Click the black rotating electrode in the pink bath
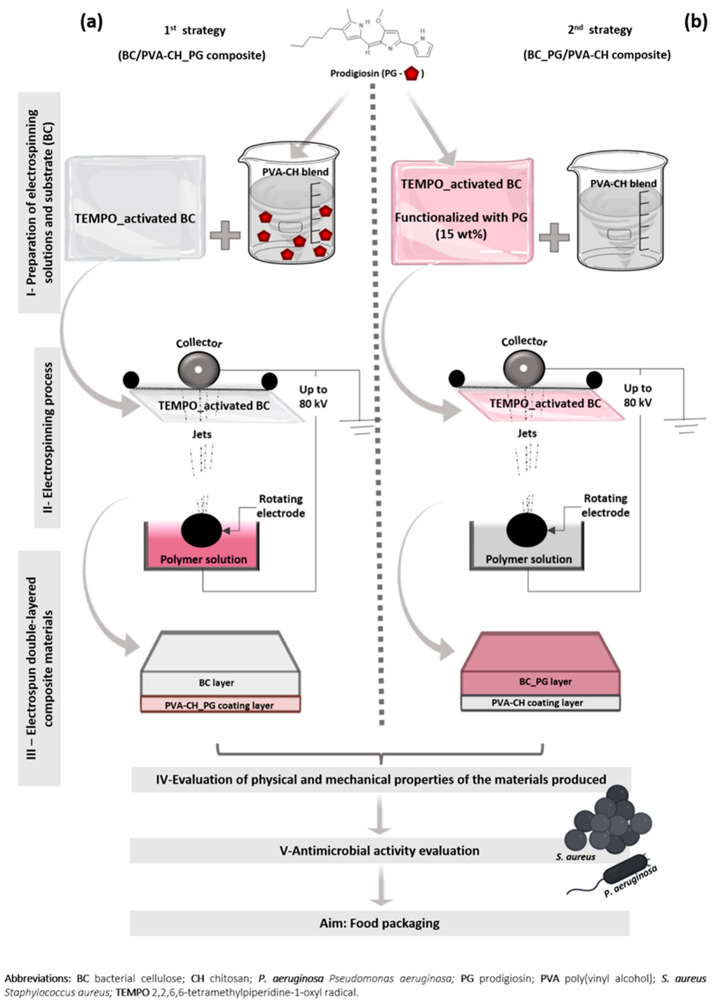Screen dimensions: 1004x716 coord(201,530)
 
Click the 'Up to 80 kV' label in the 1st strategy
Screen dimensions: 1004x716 coord(313,397)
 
